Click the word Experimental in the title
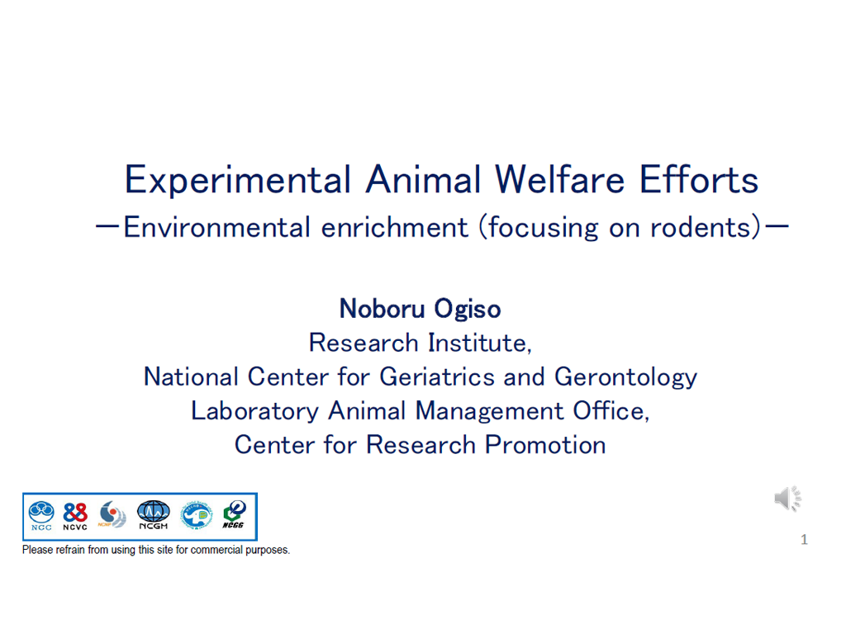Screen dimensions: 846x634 click(x=238, y=181)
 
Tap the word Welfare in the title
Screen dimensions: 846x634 click(x=559, y=179)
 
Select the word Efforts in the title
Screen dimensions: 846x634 click(x=699, y=179)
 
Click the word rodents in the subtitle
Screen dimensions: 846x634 click(x=701, y=228)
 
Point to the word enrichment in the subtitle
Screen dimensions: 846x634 click(x=394, y=228)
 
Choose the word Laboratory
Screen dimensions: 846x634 click(x=254, y=412)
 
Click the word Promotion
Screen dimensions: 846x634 click(x=545, y=445)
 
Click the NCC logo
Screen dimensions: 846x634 click(x=41, y=516)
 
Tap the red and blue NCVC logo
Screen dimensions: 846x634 click(x=75, y=517)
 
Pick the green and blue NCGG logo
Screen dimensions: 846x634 click(x=234, y=515)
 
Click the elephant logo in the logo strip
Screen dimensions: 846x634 click(x=197, y=515)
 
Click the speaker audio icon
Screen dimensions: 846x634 click(x=787, y=499)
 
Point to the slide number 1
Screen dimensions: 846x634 click(x=804, y=540)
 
